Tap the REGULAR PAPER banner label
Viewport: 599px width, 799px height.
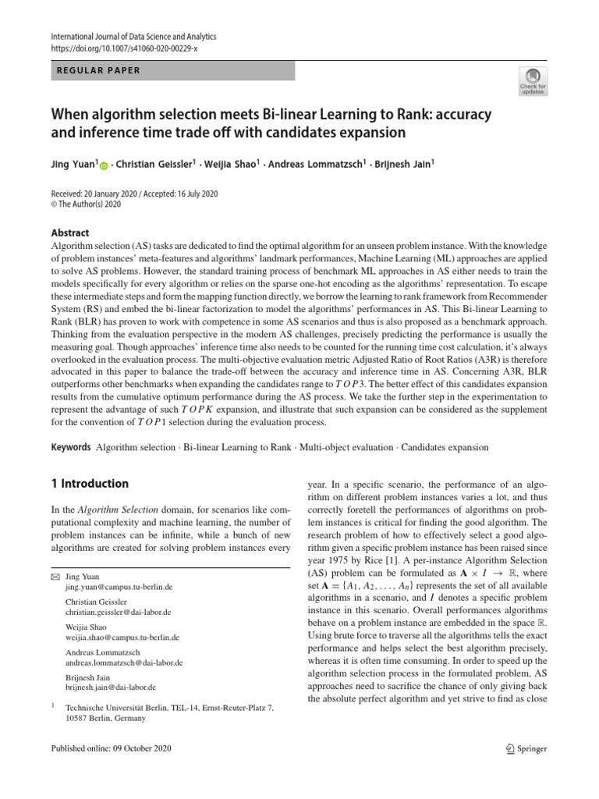(x=99, y=71)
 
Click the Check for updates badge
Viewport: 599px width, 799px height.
(x=533, y=80)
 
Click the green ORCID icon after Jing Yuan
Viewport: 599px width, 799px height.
(x=105, y=165)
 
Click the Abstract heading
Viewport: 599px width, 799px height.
(x=69, y=233)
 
